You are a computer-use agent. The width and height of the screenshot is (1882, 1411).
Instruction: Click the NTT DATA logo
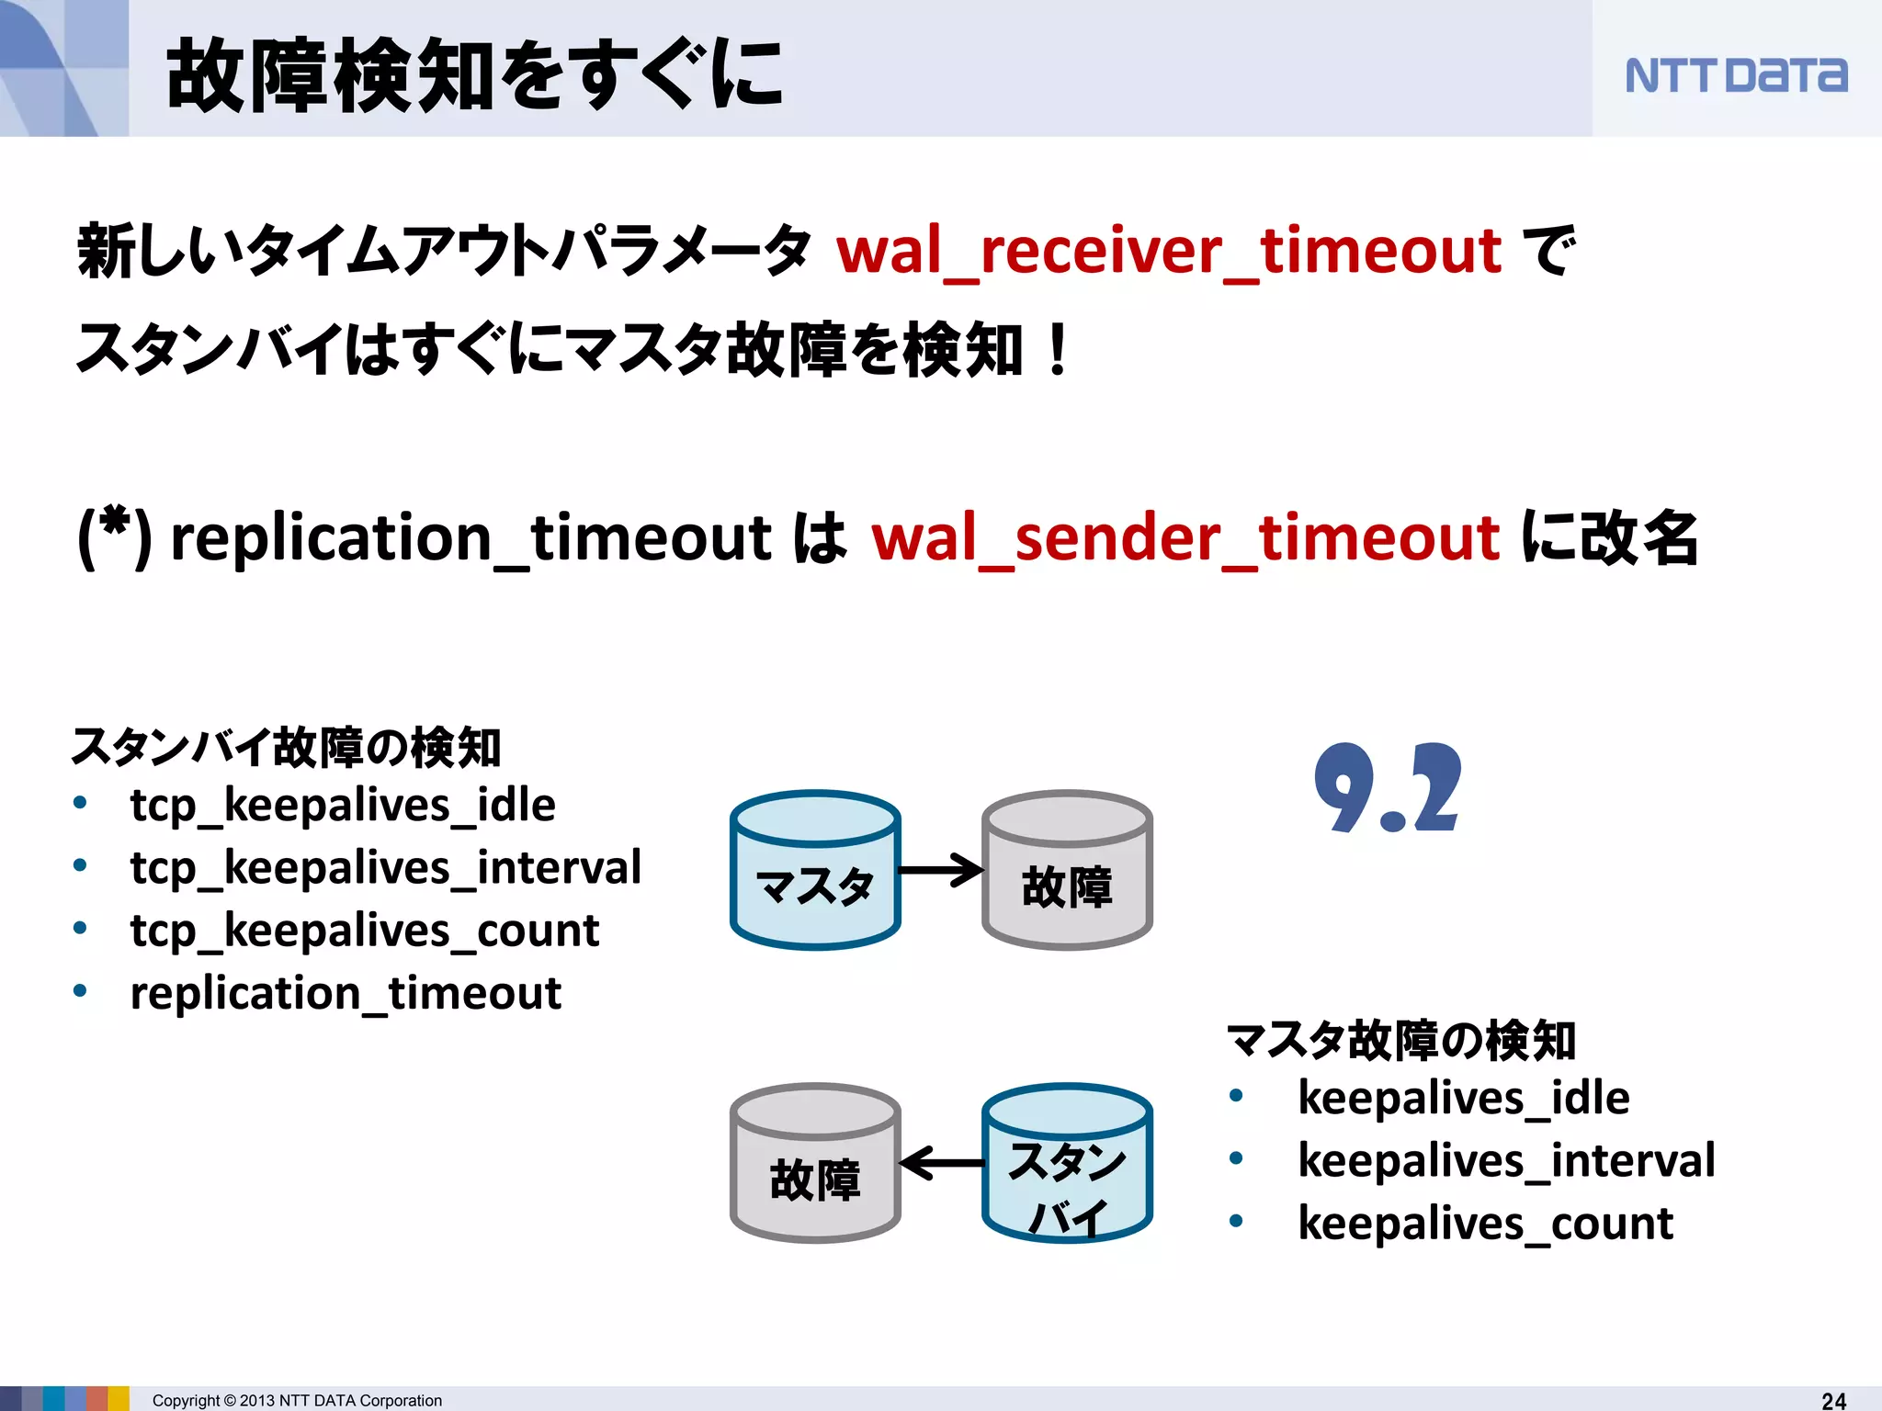1735,75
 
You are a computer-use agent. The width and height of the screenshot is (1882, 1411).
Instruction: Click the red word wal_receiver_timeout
1168,251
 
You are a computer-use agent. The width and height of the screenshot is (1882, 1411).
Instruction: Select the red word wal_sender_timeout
1185,537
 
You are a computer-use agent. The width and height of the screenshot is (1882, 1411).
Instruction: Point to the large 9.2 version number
1387,788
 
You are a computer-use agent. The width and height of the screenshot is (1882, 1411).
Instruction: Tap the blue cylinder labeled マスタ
814,870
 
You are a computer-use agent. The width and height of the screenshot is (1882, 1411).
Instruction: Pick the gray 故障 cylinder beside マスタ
1067,870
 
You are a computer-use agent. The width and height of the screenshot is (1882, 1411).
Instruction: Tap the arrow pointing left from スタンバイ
941,1163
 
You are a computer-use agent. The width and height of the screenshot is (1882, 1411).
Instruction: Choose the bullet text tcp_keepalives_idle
343,806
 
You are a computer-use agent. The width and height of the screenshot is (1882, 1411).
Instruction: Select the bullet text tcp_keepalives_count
364,931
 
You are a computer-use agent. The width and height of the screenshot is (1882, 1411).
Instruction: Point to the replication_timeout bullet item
346,993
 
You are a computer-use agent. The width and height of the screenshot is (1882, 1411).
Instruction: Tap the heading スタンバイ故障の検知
286,747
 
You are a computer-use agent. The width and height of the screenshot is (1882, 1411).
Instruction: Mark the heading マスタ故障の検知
1401,1041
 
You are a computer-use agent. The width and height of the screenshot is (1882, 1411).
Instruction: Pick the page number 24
1833,1400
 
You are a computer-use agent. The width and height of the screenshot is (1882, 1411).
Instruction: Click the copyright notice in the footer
297,1400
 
